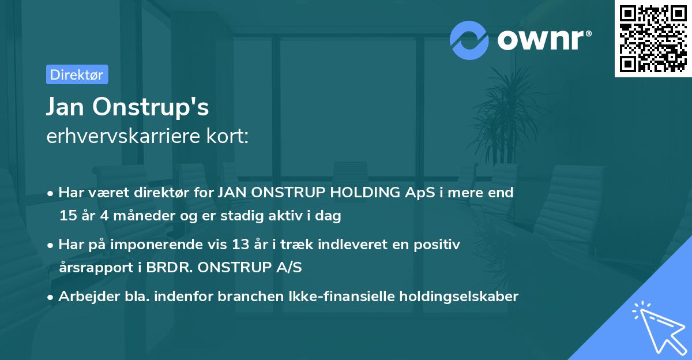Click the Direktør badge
click(77, 74)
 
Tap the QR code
click(652, 39)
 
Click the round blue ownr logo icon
click(469, 40)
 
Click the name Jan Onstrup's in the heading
click(127, 107)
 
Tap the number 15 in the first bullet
click(67, 216)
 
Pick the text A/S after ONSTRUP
click(289, 268)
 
